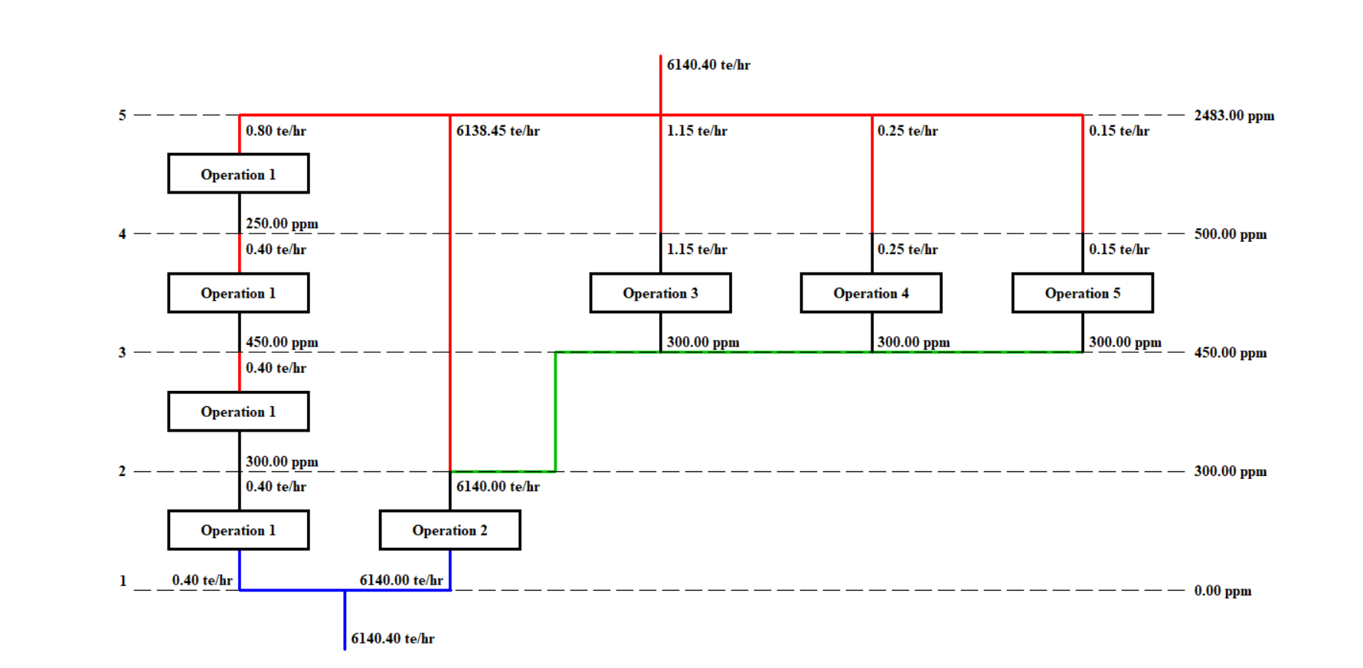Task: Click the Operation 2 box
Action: tap(449, 530)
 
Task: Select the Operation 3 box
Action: tap(660, 293)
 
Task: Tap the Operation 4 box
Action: tap(871, 293)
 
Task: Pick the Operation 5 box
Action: tap(1082, 293)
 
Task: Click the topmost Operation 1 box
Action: tap(238, 174)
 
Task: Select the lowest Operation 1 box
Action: tap(238, 530)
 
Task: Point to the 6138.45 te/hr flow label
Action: tap(498, 131)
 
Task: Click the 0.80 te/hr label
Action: tap(276, 131)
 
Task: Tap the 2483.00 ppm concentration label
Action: tap(1234, 116)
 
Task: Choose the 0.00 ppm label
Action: tap(1222, 591)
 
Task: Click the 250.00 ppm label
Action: tap(282, 223)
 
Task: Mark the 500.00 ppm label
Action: tap(1230, 234)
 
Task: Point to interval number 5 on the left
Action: tap(123, 116)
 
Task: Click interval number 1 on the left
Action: tap(123, 581)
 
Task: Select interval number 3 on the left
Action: tap(123, 353)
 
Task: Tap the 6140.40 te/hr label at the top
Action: tap(708, 65)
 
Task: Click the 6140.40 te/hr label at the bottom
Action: tap(392, 639)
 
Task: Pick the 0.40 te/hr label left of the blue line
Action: tap(202, 580)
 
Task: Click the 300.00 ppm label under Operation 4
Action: tap(914, 342)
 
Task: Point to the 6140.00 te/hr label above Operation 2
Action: tap(498, 487)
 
